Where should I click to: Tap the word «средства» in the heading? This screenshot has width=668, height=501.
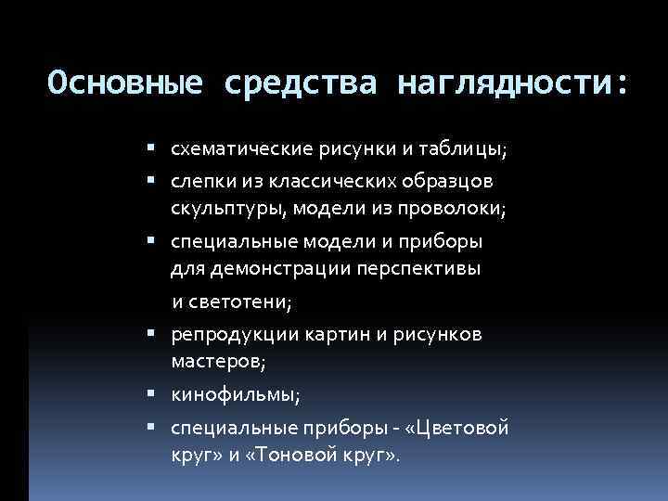click(x=300, y=84)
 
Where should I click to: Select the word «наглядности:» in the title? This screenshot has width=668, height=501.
click(x=512, y=84)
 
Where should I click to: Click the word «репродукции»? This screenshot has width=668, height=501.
click(x=228, y=334)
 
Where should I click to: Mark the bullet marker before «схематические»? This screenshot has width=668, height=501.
click(x=151, y=148)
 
